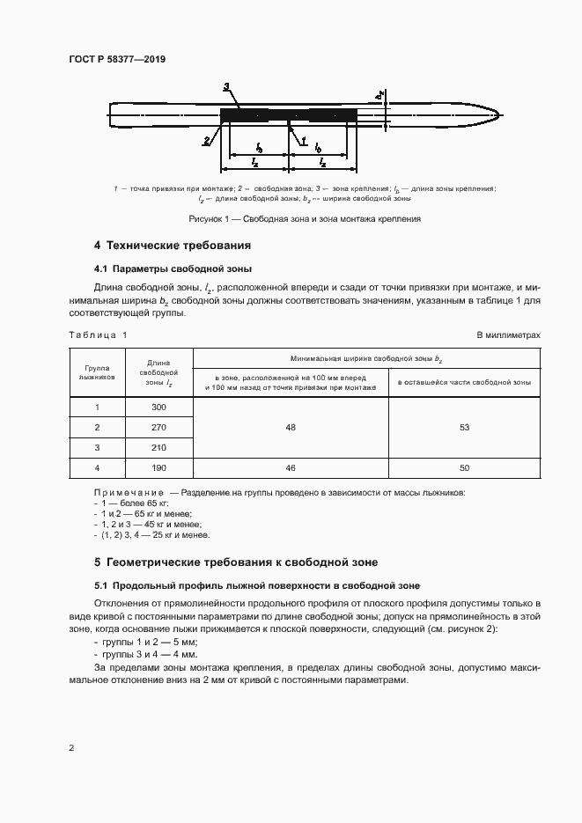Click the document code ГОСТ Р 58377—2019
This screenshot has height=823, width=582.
pos(116,59)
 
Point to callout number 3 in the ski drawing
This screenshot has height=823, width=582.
pos(226,86)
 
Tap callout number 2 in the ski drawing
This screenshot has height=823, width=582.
pos(206,140)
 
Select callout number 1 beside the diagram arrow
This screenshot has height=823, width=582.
pos(303,140)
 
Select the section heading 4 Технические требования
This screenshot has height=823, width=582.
pos(173,245)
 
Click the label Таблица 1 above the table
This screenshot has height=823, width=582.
pos(98,335)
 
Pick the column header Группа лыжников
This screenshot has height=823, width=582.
pos(97,371)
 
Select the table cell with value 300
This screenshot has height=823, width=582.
pos(158,408)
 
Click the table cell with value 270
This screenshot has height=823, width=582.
pos(158,428)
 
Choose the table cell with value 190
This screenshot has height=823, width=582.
pos(158,467)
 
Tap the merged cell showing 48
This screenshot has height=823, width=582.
pos(291,428)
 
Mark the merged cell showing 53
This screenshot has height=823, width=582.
pos(464,428)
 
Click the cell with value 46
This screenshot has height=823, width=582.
pos(291,467)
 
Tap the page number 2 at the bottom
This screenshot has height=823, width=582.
pos(71,748)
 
